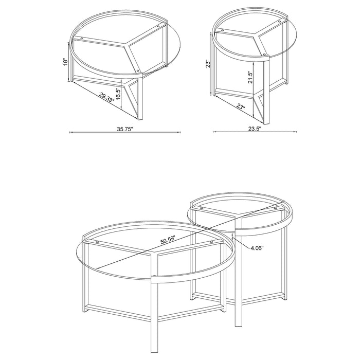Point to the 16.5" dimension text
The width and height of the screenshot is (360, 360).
coord(118,93)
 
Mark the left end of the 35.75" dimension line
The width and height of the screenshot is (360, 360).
coord(70,133)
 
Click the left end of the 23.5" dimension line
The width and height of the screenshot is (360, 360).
coord(213,133)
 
